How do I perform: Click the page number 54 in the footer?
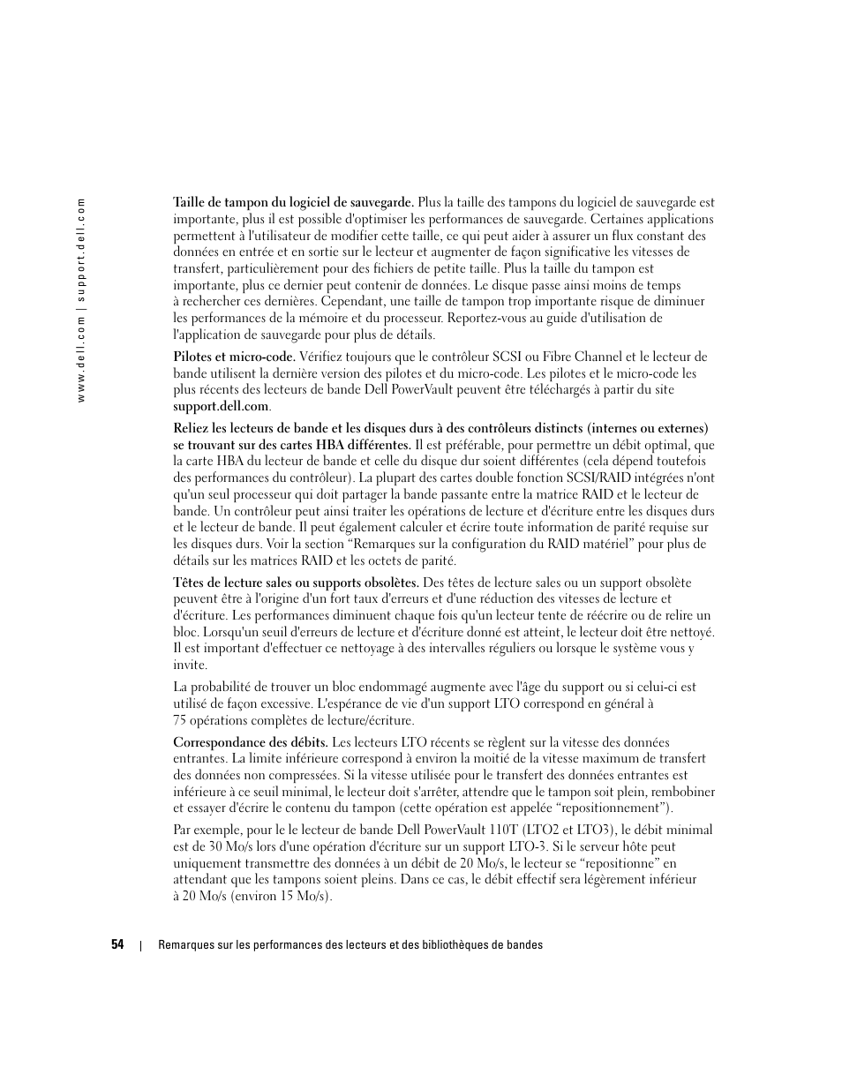pyautogui.click(x=117, y=945)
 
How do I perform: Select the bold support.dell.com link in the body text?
pyautogui.click(x=221, y=406)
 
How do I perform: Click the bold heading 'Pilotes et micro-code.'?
pyautogui.click(x=234, y=357)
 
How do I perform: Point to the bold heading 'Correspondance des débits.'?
pyautogui.click(x=251, y=742)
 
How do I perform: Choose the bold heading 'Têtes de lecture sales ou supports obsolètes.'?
pyautogui.click(x=297, y=583)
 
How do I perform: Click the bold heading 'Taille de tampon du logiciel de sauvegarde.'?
pyautogui.click(x=293, y=202)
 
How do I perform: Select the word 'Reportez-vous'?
pyautogui.click(x=488, y=318)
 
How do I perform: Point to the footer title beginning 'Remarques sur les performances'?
pyautogui.click(x=350, y=945)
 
